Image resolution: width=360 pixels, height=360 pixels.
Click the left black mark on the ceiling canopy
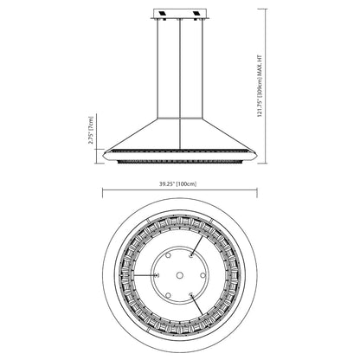coord(164,15)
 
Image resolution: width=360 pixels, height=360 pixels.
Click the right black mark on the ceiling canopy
coord(196,15)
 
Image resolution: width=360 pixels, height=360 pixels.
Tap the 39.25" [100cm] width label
coord(178,183)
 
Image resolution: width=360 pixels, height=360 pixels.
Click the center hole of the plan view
coord(179,274)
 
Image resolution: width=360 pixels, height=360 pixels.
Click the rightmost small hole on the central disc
coord(202,274)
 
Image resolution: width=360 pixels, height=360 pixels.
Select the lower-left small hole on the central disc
coord(168,294)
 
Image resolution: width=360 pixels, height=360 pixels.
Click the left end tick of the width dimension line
coord(103,193)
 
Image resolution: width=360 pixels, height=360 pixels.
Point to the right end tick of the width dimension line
coord(256,193)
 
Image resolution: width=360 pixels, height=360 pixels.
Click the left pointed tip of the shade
coord(103,153)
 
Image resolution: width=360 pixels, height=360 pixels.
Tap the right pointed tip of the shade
coord(256,153)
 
